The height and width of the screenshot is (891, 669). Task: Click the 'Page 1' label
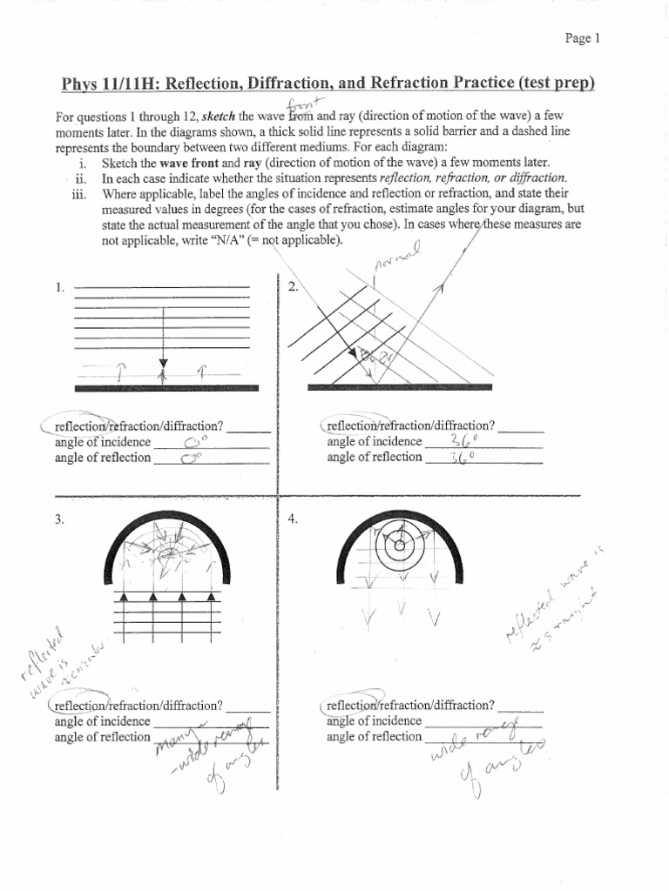[582, 38]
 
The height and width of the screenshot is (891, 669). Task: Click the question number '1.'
[60, 288]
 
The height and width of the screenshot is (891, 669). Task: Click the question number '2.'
[293, 288]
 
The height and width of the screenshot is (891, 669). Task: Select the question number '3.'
[60, 519]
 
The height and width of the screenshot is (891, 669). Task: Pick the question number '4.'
[293, 519]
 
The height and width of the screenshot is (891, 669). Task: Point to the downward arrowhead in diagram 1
[163, 365]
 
